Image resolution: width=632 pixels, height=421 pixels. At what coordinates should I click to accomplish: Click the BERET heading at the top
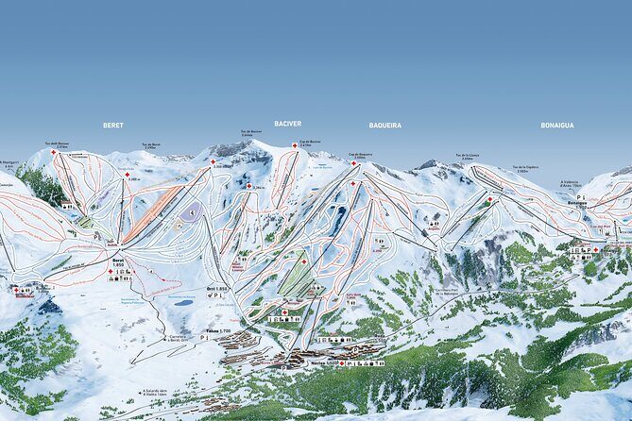pyautogui.click(x=113, y=125)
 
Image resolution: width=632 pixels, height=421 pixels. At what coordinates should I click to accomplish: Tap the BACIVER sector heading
pyautogui.click(x=287, y=124)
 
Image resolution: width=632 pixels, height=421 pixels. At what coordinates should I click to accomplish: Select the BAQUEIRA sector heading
pyautogui.click(x=384, y=125)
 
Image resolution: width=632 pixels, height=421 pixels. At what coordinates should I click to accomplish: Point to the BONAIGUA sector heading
pyautogui.click(x=557, y=125)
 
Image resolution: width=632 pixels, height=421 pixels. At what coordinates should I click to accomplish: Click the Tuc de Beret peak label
pyautogui.click(x=151, y=145)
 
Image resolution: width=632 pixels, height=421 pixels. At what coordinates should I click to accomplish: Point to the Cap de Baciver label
pyautogui.click(x=310, y=143)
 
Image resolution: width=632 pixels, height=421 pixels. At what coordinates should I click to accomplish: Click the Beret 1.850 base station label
pyautogui.click(x=118, y=262)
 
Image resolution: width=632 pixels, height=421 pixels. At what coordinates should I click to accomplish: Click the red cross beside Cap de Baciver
pyautogui.click(x=295, y=144)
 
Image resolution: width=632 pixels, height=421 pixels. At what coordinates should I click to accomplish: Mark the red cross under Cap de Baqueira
pyautogui.click(x=354, y=162)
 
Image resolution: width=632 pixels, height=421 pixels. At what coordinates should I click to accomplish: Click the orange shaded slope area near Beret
pyautogui.click(x=151, y=212)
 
